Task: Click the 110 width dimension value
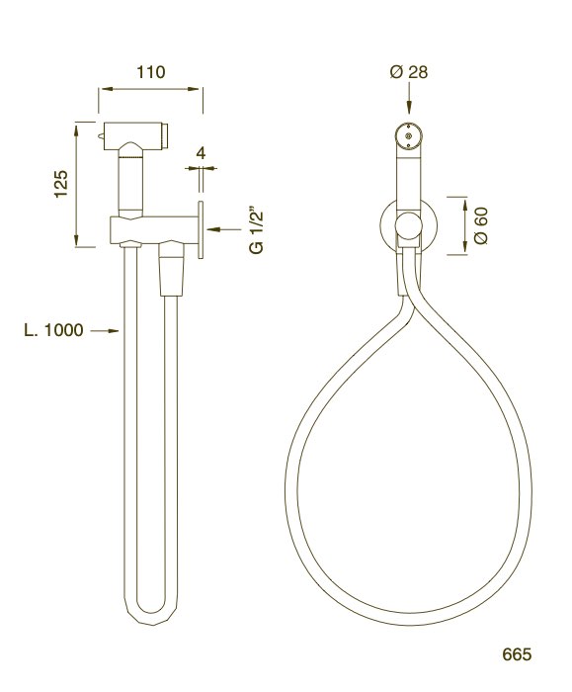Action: point(150,72)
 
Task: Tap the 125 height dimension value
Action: point(60,184)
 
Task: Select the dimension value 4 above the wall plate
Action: point(202,153)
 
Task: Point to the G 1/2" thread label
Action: point(256,230)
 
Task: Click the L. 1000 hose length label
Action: point(53,330)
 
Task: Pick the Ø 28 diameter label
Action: point(408,72)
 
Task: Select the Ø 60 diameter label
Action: point(481,225)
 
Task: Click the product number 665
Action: point(516,654)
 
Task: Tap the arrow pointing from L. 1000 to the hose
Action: point(104,331)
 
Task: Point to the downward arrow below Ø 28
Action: point(408,103)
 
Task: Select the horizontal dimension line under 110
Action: point(150,89)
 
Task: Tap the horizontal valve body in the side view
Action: point(148,229)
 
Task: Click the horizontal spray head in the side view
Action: point(138,131)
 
